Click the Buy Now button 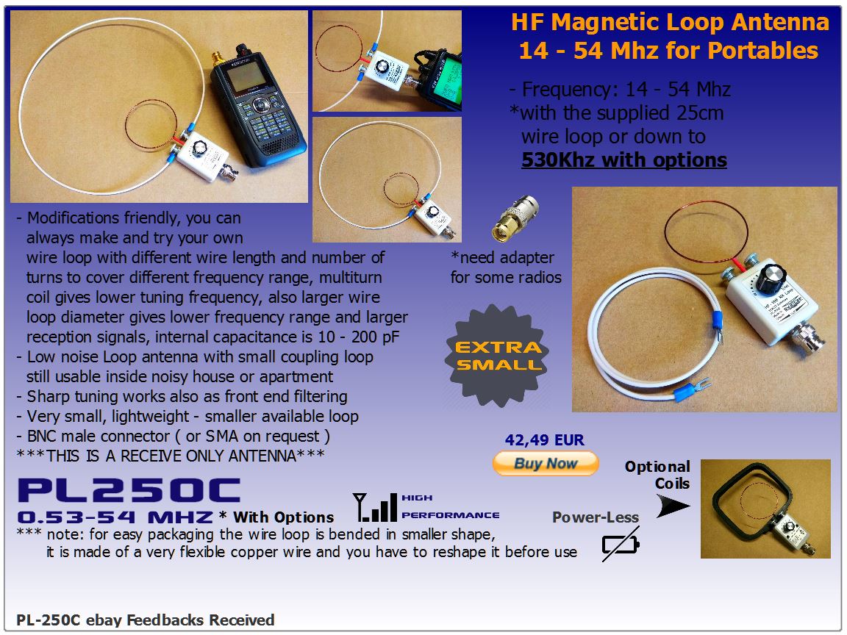[546, 463]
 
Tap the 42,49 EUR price [545, 440]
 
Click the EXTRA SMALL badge [498, 355]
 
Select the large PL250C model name [129, 490]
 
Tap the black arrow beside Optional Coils [673, 506]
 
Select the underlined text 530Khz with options [624, 160]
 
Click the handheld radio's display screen [245, 76]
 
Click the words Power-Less [596, 517]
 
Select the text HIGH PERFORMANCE [450, 506]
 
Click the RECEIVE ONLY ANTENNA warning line [171, 456]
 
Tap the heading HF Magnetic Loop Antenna [670, 22]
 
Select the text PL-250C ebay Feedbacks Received [146, 620]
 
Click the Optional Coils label [657, 475]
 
